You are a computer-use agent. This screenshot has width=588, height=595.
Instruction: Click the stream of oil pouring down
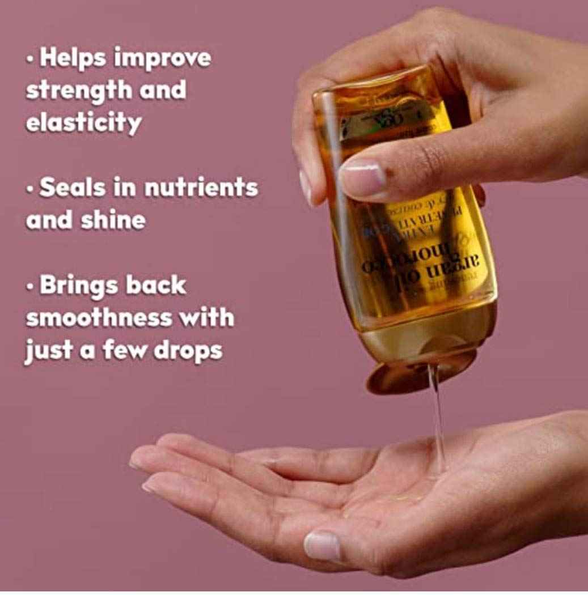pyautogui.click(x=437, y=419)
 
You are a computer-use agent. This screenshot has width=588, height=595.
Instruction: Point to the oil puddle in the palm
pyautogui.click(x=397, y=499)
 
